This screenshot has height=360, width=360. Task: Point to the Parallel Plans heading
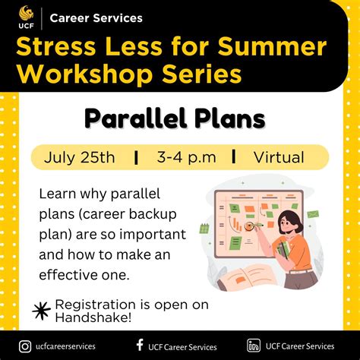[x=175, y=118]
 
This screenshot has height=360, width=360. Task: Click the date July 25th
[x=80, y=157]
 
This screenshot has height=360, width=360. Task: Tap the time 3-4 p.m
[x=187, y=157]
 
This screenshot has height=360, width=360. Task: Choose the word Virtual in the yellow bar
[x=278, y=157]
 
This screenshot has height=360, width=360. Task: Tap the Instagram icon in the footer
[x=24, y=346]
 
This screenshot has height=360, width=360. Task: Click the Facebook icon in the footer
[x=139, y=346]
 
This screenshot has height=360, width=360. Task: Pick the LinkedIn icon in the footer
[x=254, y=346]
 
